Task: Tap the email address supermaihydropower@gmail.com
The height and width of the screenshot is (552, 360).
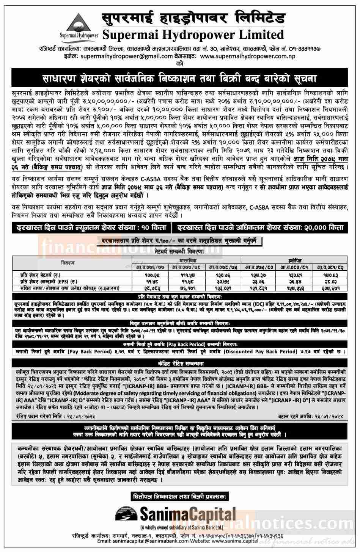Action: pyautogui.click(x=124, y=56)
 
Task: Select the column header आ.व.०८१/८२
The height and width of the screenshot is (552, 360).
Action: pyautogui.click(x=330, y=267)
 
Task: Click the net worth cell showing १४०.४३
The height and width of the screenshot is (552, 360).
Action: pyautogui.click(x=330, y=274)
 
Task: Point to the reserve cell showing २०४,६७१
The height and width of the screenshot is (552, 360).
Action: pyautogui.click(x=330, y=288)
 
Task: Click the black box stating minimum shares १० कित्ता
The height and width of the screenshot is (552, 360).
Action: pyautogui.click(x=91, y=227)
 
